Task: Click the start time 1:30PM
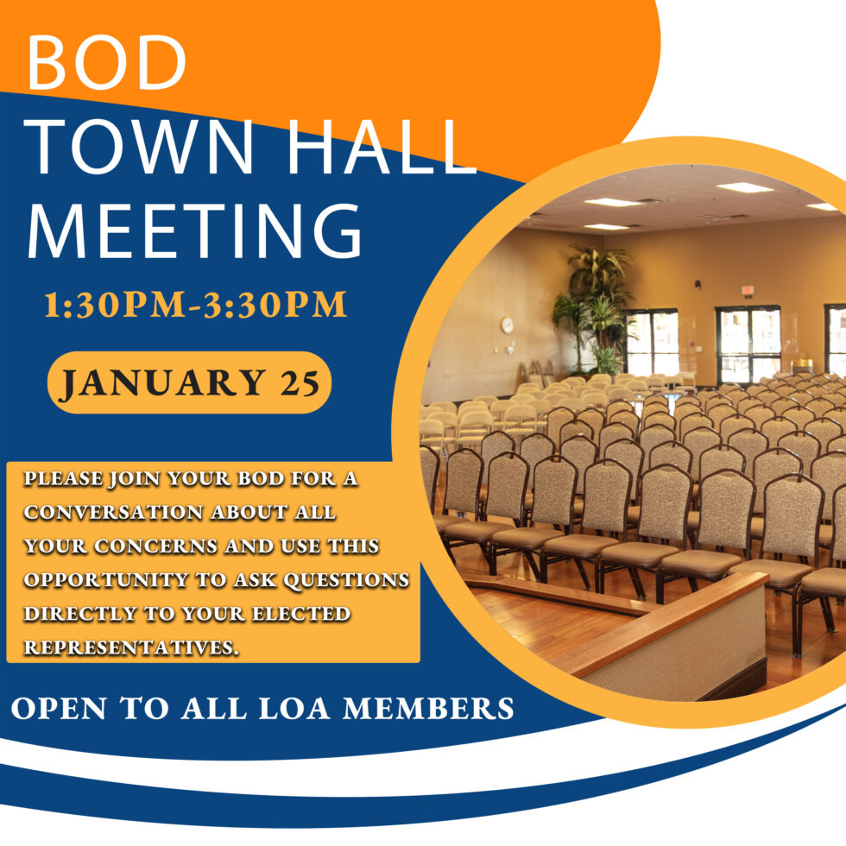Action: point(115,306)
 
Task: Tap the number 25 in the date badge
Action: point(299,382)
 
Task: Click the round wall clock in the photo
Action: point(507,325)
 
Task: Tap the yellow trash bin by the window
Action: point(803,365)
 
